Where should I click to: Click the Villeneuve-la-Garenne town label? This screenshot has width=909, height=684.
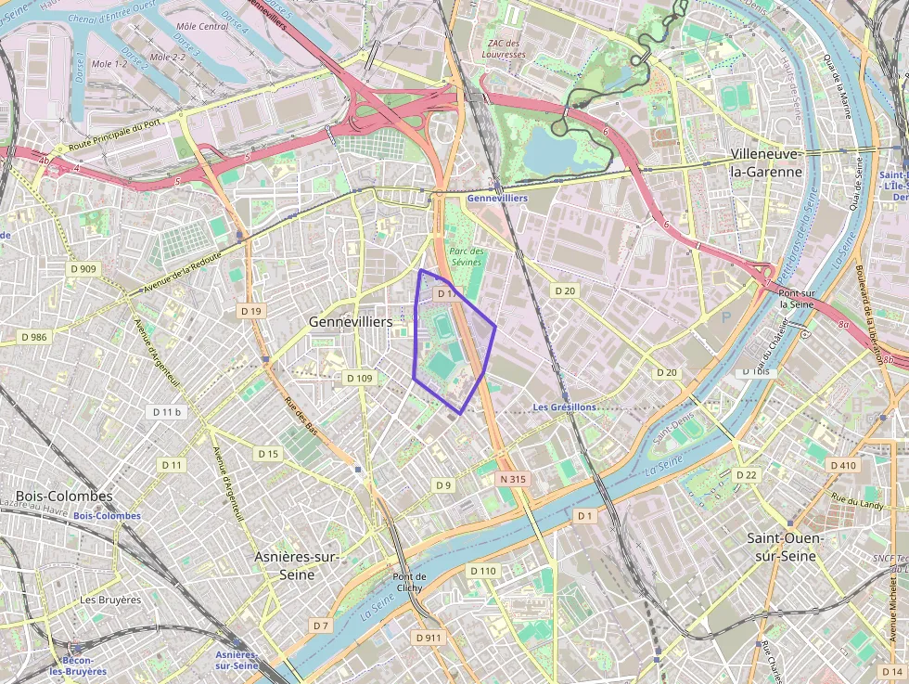(765, 162)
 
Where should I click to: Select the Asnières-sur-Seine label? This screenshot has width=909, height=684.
(297, 565)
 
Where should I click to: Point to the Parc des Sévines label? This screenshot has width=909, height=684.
(467, 257)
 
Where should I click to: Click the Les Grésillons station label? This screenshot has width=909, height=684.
(564, 407)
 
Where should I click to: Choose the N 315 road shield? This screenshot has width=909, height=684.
(512, 479)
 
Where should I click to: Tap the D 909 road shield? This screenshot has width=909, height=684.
(82, 269)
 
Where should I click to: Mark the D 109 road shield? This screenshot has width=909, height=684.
(359, 378)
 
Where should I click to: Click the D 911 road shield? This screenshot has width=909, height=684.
(429, 638)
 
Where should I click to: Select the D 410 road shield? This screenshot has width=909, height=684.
(843, 465)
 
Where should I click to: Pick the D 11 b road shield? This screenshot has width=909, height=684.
(167, 411)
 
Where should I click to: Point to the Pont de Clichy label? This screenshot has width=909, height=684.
(408, 582)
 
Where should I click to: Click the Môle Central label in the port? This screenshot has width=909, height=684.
(201, 26)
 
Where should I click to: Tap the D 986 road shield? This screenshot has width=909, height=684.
(33, 337)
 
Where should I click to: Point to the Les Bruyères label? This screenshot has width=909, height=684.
(110, 600)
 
